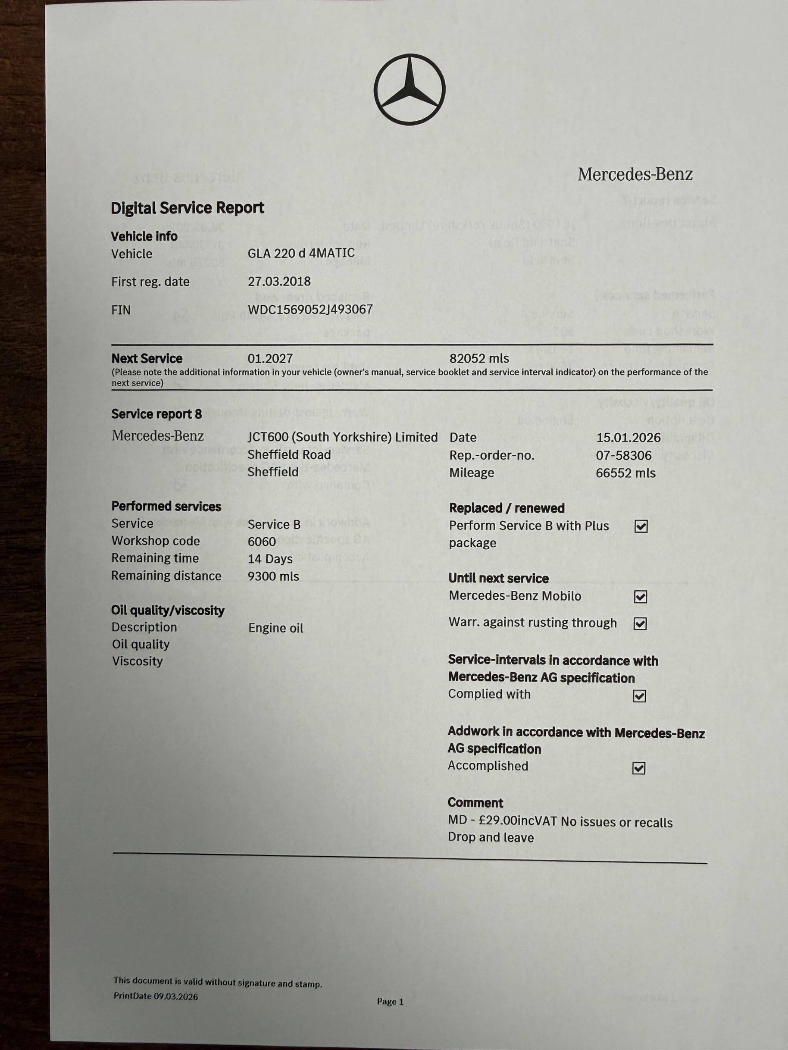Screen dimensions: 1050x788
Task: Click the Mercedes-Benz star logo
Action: click(409, 89)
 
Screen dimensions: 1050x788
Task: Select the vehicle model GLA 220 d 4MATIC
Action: click(301, 253)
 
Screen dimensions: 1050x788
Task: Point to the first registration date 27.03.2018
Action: click(279, 281)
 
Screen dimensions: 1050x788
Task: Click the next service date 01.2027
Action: click(270, 358)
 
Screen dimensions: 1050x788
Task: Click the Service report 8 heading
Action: click(156, 414)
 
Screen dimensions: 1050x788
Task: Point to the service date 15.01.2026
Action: click(628, 437)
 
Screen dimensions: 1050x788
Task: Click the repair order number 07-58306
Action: click(623, 455)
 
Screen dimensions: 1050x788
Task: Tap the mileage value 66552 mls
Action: click(625, 473)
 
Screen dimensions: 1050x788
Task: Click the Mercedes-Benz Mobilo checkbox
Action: click(640, 597)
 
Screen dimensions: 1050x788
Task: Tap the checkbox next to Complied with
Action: click(639, 696)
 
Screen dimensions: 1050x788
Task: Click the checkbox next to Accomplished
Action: click(639, 768)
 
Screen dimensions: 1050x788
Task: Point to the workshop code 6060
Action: click(261, 541)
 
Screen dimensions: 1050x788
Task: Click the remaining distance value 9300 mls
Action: click(273, 576)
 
